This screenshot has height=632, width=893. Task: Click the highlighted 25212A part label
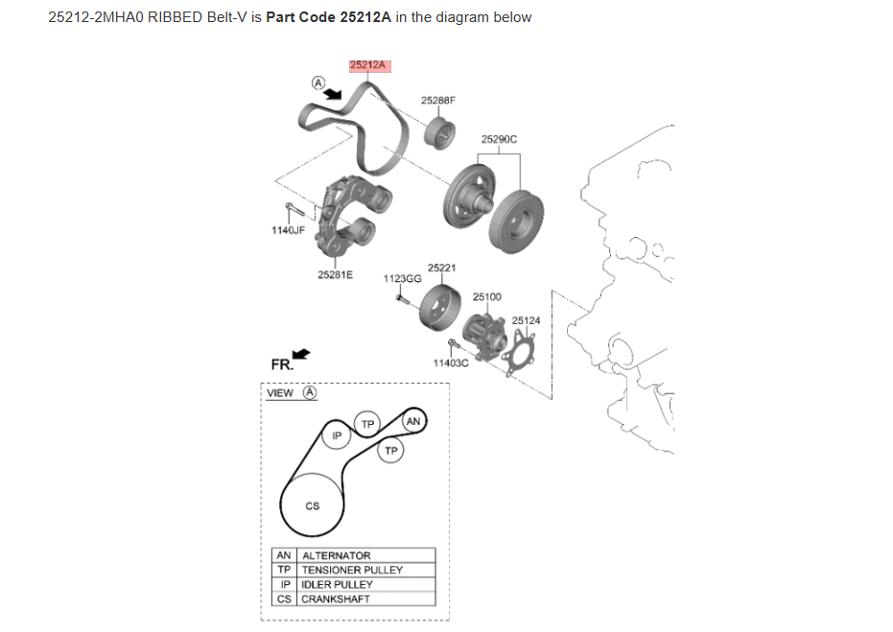(368, 65)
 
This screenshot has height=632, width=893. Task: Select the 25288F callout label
(438, 100)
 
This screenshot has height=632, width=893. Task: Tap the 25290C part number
(499, 139)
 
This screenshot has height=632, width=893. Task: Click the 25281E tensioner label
(335, 274)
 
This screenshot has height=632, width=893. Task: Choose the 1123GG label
(402, 278)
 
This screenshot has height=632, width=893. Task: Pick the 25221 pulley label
(441, 268)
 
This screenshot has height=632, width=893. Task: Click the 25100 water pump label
(486, 297)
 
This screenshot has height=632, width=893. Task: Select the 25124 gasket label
(526, 320)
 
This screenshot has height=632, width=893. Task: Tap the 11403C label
(450, 363)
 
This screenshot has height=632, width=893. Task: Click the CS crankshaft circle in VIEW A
(313, 505)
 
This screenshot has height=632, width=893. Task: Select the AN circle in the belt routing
(413, 421)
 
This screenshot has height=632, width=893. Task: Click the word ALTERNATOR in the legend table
(336, 555)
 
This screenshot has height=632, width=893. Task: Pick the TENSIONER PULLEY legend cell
(352, 570)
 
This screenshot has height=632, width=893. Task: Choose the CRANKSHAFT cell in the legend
(336, 598)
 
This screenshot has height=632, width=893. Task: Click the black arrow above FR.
(301, 354)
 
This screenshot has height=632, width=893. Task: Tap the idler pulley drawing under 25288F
(438, 132)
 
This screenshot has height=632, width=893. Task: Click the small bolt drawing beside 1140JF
(294, 210)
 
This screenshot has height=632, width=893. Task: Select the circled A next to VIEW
(310, 392)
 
